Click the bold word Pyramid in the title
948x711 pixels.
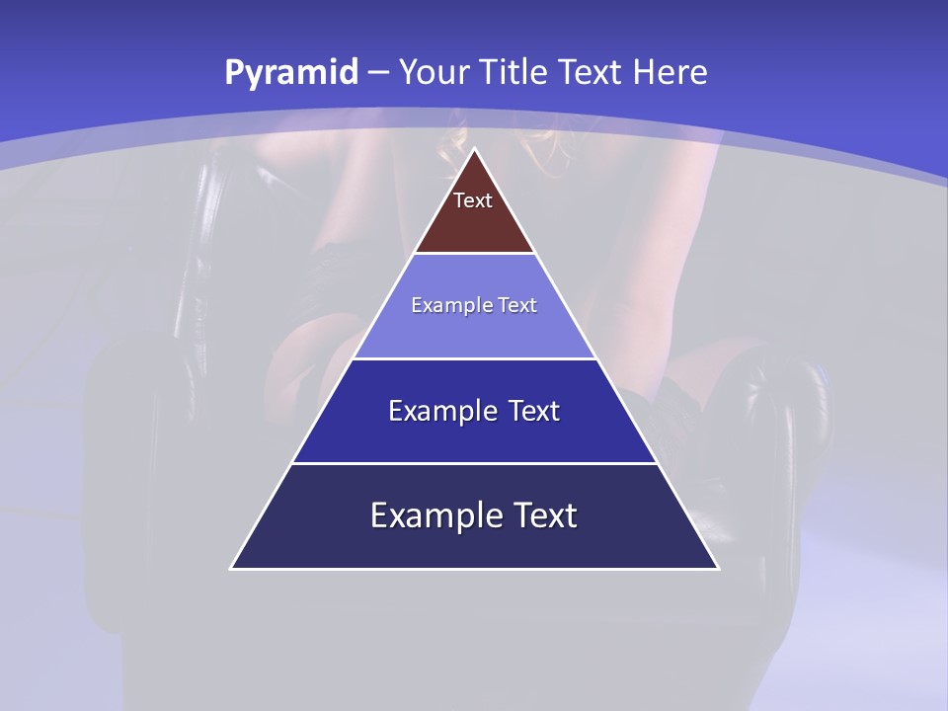click(290, 73)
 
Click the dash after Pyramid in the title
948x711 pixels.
click(378, 73)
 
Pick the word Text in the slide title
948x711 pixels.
click(591, 73)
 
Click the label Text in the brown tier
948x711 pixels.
click(473, 200)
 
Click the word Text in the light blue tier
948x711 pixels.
click(518, 305)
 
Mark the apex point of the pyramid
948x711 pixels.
click(474, 150)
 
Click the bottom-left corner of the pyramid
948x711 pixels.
click(232, 568)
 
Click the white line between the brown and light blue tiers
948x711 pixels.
click(474, 254)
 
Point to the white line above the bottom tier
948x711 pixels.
click(474, 463)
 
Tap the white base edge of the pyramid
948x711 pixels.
click(474, 569)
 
